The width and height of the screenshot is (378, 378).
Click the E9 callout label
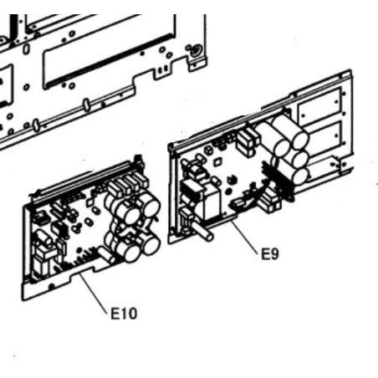[x=269, y=254]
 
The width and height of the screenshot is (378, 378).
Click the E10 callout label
[x=124, y=314]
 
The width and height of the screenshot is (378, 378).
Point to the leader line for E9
[x=244, y=236]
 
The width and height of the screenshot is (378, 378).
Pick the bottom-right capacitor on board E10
[x=150, y=245]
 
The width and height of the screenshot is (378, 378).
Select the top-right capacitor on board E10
[x=149, y=203]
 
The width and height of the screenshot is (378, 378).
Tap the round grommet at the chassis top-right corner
[x=196, y=52]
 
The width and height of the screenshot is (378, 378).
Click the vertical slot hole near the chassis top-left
[x=26, y=49]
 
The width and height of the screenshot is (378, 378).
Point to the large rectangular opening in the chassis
[x=109, y=53]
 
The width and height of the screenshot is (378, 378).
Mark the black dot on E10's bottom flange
[x=51, y=286]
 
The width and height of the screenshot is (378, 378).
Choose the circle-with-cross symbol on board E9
[x=208, y=151]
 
